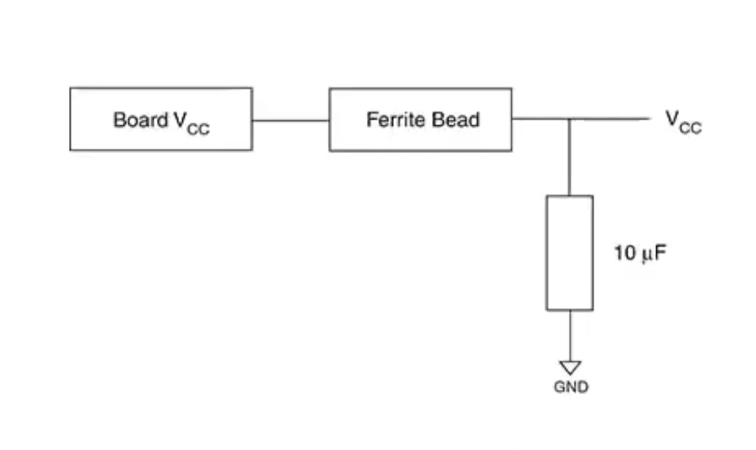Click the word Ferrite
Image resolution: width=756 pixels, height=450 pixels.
tap(392, 120)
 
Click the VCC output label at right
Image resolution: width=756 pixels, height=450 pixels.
tap(682, 121)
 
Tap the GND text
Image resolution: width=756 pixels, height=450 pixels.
tap(571, 387)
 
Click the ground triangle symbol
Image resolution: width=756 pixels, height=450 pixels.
tap(570, 368)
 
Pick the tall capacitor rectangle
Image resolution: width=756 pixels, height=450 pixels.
tap(570, 253)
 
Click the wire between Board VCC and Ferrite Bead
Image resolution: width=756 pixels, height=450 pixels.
tap(290, 120)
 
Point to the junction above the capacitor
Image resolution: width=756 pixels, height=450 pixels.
tap(570, 120)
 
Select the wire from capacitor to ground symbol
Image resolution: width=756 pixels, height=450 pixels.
tap(570, 335)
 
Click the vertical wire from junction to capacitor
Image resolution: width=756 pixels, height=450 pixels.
tap(570, 157)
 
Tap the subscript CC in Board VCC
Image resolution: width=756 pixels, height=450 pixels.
tap(199, 128)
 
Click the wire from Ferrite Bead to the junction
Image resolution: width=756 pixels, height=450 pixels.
tap(540, 120)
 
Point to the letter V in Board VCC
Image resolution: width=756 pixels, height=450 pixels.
tap(180, 120)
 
